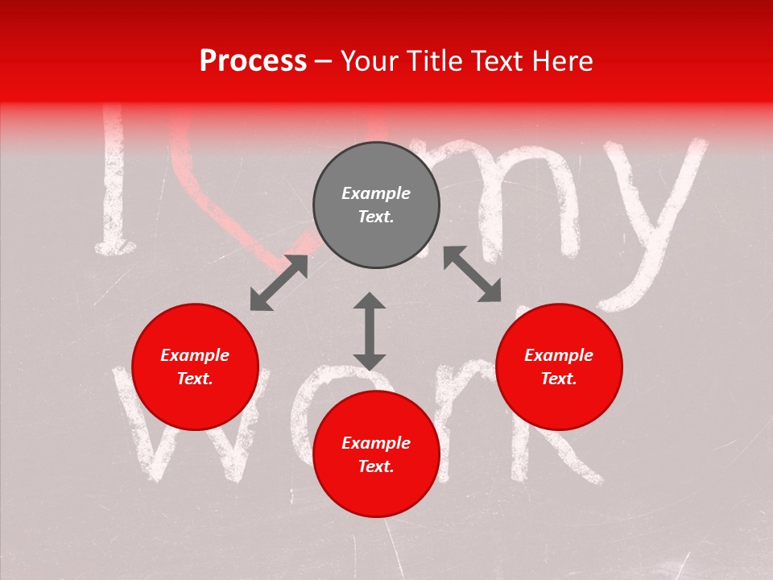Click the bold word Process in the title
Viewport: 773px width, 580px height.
click(x=253, y=61)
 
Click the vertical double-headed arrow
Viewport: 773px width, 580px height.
click(x=370, y=331)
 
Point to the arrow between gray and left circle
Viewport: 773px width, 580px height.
click(x=279, y=283)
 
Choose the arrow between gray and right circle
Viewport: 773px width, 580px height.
click(x=472, y=274)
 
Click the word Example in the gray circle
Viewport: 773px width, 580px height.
click(x=376, y=193)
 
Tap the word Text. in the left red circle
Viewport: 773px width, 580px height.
click(x=195, y=379)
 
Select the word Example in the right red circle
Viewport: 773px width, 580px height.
click(x=559, y=355)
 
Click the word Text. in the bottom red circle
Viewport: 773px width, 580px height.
click(x=376, y=466)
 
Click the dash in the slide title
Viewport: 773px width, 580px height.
click(x=323, y=61)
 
